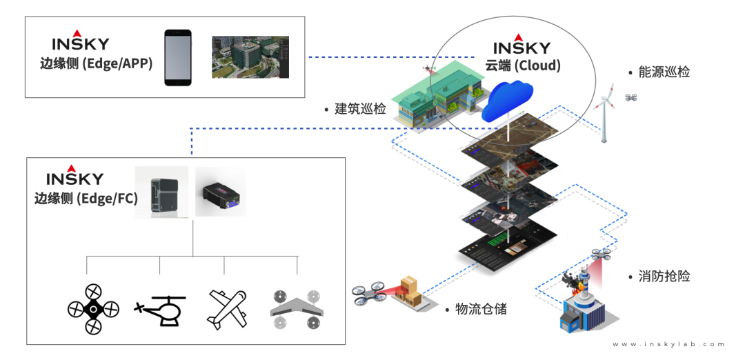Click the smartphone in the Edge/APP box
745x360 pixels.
177,57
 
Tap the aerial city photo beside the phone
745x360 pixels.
250,57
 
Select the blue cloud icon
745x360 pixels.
508,102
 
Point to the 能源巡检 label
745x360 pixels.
664,72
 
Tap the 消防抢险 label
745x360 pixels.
664,277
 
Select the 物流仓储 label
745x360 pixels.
481,309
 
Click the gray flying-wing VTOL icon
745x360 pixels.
297,310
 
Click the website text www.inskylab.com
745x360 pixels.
668,344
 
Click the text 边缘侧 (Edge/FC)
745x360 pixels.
86,199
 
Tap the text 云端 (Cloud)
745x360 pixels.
522,66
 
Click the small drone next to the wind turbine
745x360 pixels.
631,97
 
